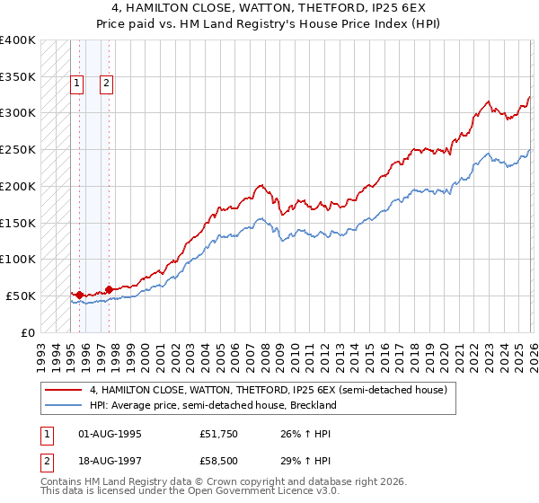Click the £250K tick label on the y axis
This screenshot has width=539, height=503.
(x=18, y=149)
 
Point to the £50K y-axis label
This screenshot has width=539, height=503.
(x=21, y=296)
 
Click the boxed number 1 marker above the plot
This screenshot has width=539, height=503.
(x=76, y=84)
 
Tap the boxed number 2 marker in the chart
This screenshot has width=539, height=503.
(x=106, y=84)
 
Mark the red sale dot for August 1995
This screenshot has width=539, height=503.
(x=79, y=294)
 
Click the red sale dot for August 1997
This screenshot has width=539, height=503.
(x=109, y=289)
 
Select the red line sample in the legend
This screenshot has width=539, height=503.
(x=63, y=390)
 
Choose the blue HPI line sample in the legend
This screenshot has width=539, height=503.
(x=63, y=405)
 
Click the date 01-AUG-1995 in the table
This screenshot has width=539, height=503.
(x=110, y=433)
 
